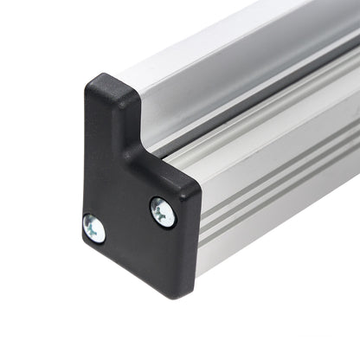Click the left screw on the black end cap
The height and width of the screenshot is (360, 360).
click(x=93, y=229)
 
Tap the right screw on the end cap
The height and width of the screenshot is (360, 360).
click(x=162, y=211)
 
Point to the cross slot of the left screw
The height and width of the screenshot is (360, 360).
click(x=93, y=229)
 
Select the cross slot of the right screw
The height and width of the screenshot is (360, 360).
click(x=162, y=211)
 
